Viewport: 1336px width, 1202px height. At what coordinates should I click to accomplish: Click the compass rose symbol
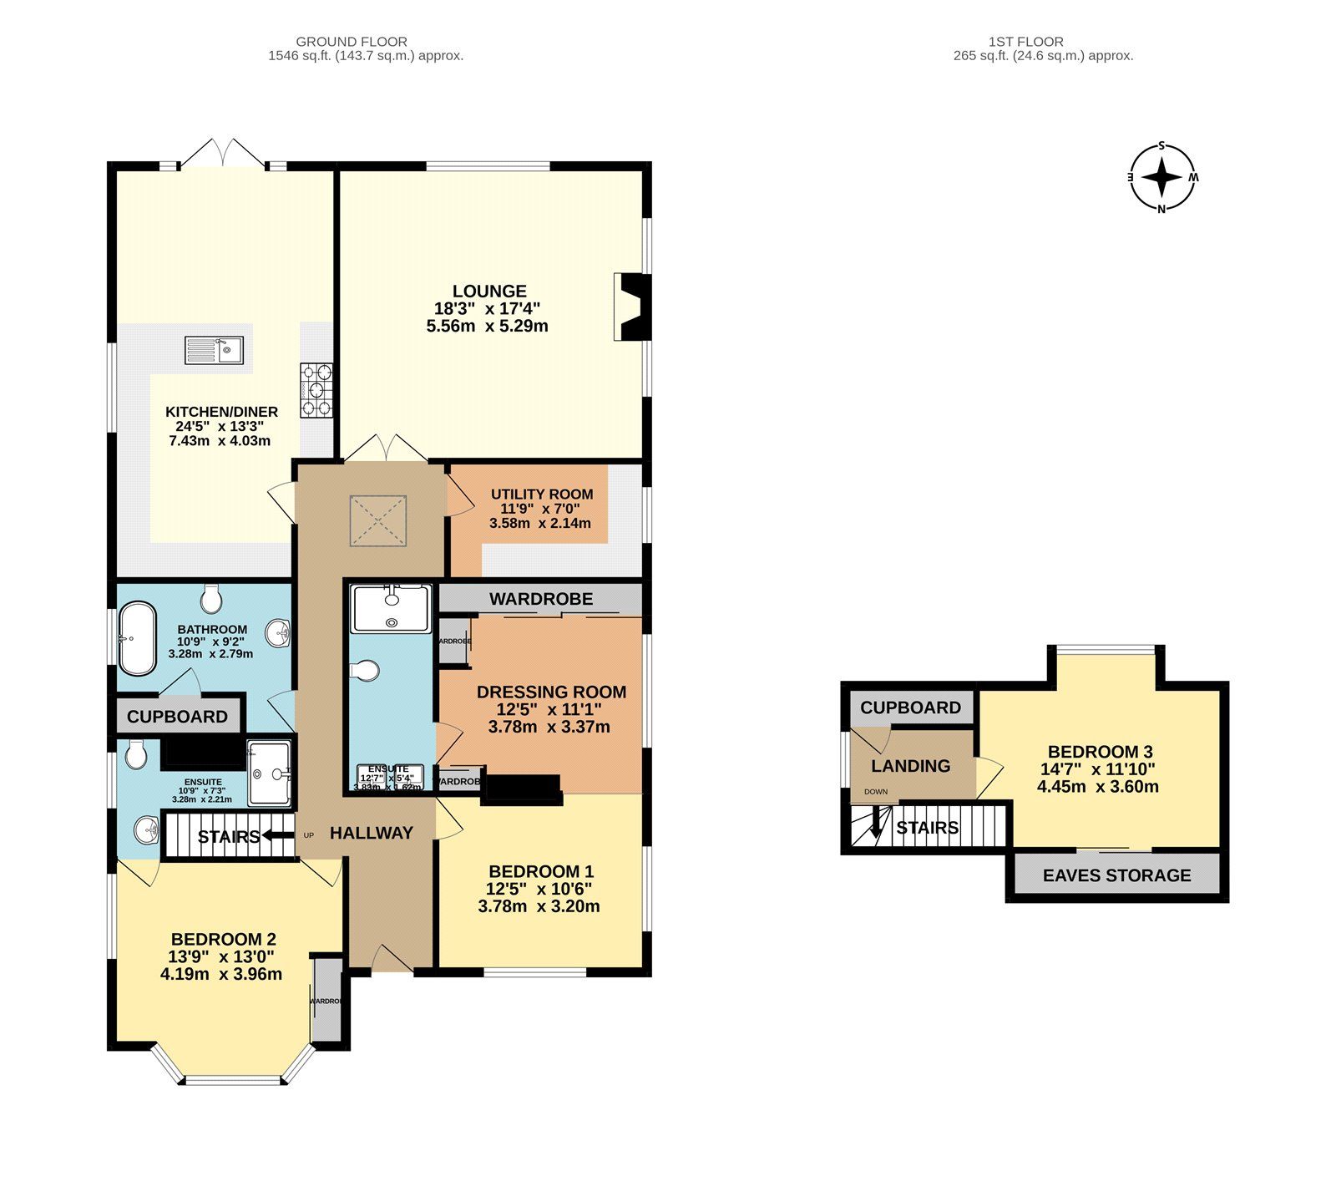click(1161, 178)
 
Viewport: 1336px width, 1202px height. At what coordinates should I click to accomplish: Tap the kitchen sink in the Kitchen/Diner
click(214, 350)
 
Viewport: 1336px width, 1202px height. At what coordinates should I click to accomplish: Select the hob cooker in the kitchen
click(316, 389)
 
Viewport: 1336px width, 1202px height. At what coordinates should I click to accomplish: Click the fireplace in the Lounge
click(632, 306)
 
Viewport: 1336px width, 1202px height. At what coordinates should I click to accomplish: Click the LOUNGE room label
click(489, 292)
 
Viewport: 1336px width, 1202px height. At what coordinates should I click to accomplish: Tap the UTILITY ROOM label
click(541, 494)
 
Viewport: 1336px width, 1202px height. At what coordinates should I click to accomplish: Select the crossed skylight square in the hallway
click(378, 521)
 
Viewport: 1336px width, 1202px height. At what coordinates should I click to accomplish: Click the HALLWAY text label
click(371, 833)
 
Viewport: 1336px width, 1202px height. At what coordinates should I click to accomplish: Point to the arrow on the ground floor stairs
click(276, 834)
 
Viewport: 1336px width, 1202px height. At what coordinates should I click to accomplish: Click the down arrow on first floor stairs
click(876, 825)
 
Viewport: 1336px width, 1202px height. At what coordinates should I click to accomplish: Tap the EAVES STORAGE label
click(1116, 875)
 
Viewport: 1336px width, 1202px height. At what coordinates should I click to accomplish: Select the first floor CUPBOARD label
click(910, 708)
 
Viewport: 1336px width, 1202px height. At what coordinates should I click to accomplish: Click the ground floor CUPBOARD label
click(177, 717)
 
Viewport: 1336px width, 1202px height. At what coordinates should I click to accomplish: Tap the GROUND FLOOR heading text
click(352, 41)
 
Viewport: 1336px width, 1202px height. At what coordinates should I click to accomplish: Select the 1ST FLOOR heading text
click(1025, 41)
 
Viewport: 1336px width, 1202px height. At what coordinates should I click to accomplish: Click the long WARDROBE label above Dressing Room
click(541, 599)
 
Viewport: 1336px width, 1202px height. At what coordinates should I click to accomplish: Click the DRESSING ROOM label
click(551, 692)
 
